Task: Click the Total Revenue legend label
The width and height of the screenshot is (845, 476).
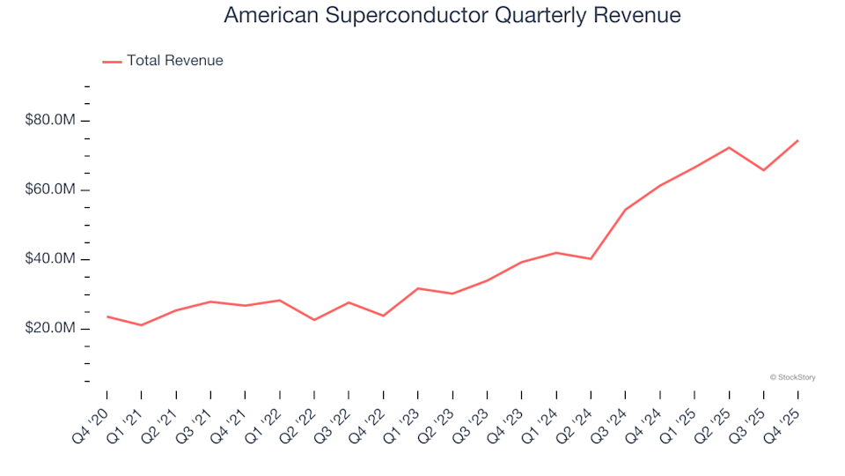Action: click(x=174, y=61)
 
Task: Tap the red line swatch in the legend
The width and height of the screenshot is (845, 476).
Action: click(x=112, y=61)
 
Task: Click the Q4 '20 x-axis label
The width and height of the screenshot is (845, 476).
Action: click(x=92, y=417)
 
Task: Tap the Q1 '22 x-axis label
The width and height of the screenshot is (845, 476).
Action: click(x=265, y=417)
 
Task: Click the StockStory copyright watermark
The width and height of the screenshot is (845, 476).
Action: click(x=792, y=377)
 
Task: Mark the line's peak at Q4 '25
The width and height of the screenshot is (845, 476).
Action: click(x=797, y=140)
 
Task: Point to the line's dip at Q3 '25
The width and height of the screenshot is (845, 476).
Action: click(x=763, y=170)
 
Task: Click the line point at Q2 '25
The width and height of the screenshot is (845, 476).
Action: click(x=729, y=147)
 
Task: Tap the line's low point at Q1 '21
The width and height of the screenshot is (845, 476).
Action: click(x=141, y=325)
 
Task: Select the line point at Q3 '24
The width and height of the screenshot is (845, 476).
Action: click(x=625, y=210)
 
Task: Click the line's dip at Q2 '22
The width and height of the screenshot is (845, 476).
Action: click(x=314, y=319)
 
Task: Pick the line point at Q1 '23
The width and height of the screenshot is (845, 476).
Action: click(x=418, y=288)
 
